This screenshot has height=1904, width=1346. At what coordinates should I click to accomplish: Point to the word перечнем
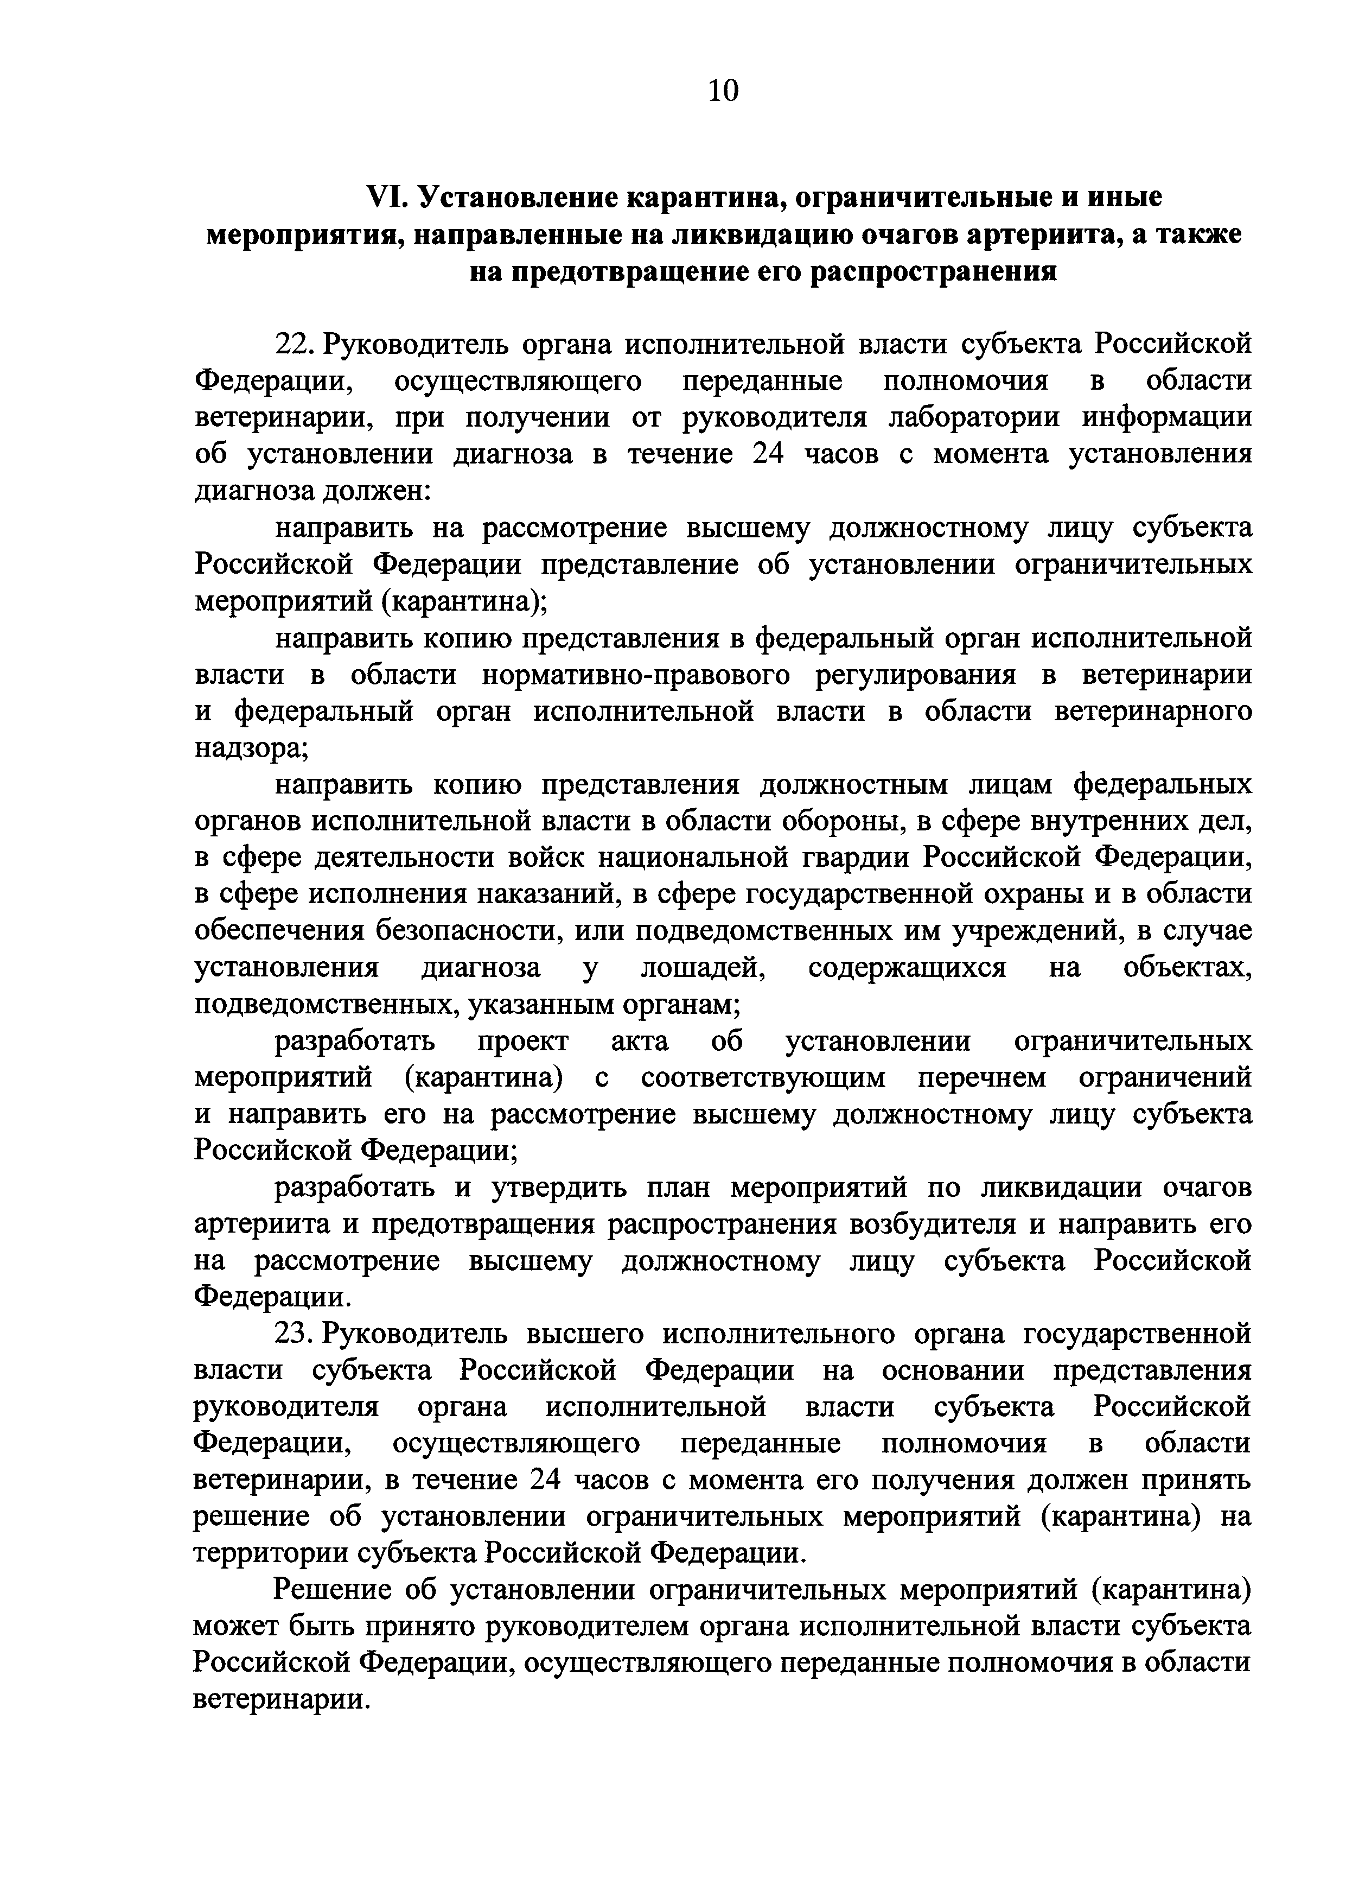[x=982, y=1078]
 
